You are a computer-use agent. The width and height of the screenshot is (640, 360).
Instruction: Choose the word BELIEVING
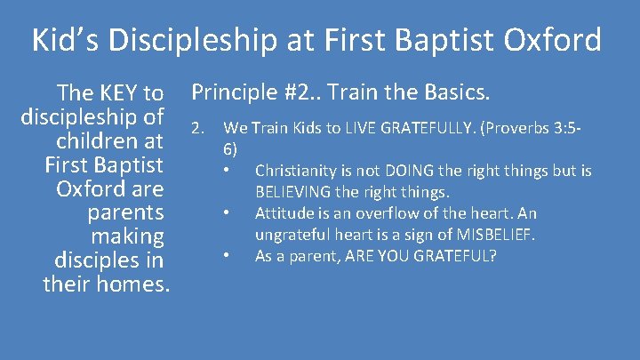tap(296, 191)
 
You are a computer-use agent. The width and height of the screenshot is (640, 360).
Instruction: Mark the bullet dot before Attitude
tap(228, 213)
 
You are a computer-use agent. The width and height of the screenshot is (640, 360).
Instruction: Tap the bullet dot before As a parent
tap(228, 256)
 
